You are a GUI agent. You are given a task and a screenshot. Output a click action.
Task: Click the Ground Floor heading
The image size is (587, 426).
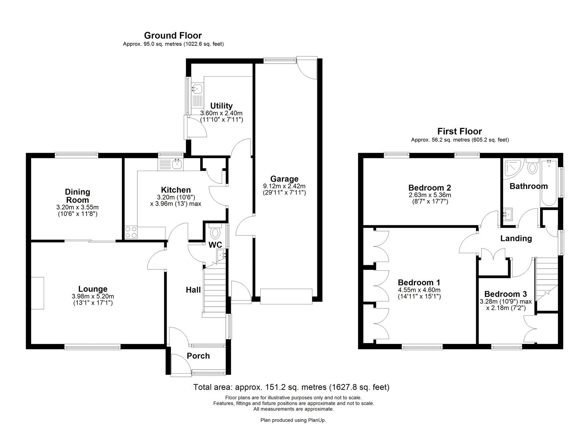(x=173, y=36)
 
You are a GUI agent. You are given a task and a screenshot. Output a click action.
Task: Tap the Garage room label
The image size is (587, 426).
(x=284, y=179)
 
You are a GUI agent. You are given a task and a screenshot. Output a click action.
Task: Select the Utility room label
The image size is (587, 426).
(x=221, y=106)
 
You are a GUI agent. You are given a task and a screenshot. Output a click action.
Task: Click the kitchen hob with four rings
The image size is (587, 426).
(x=131, y=232)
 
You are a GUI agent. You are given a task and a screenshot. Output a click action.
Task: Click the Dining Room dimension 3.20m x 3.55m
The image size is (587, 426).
(x=77, y=207)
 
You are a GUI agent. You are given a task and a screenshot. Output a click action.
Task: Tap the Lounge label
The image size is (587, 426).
(x=93, y=289)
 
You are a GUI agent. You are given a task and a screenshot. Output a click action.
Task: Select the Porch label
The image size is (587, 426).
(x=198, y=356)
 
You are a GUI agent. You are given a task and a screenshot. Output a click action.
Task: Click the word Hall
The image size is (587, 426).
(x=193, y=290)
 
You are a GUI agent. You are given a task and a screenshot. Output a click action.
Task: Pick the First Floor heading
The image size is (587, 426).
(x=459, y=131)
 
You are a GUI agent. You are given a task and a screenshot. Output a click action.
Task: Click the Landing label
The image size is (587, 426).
(x=516, y=238)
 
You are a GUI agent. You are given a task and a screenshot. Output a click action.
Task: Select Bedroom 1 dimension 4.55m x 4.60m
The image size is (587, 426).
(x=419, y=290)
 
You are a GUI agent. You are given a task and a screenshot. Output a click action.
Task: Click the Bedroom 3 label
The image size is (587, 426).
(x=505, y=294)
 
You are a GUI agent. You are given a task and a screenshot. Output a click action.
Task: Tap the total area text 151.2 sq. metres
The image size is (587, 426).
(x=291, y=387)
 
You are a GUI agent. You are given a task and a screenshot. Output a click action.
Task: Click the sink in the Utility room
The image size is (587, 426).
(x=197, y=88)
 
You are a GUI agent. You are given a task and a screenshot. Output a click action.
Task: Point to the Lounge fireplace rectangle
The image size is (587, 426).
(x=37, y=293)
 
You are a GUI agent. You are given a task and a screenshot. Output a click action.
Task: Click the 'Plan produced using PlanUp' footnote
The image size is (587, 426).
(x=293, y=420)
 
